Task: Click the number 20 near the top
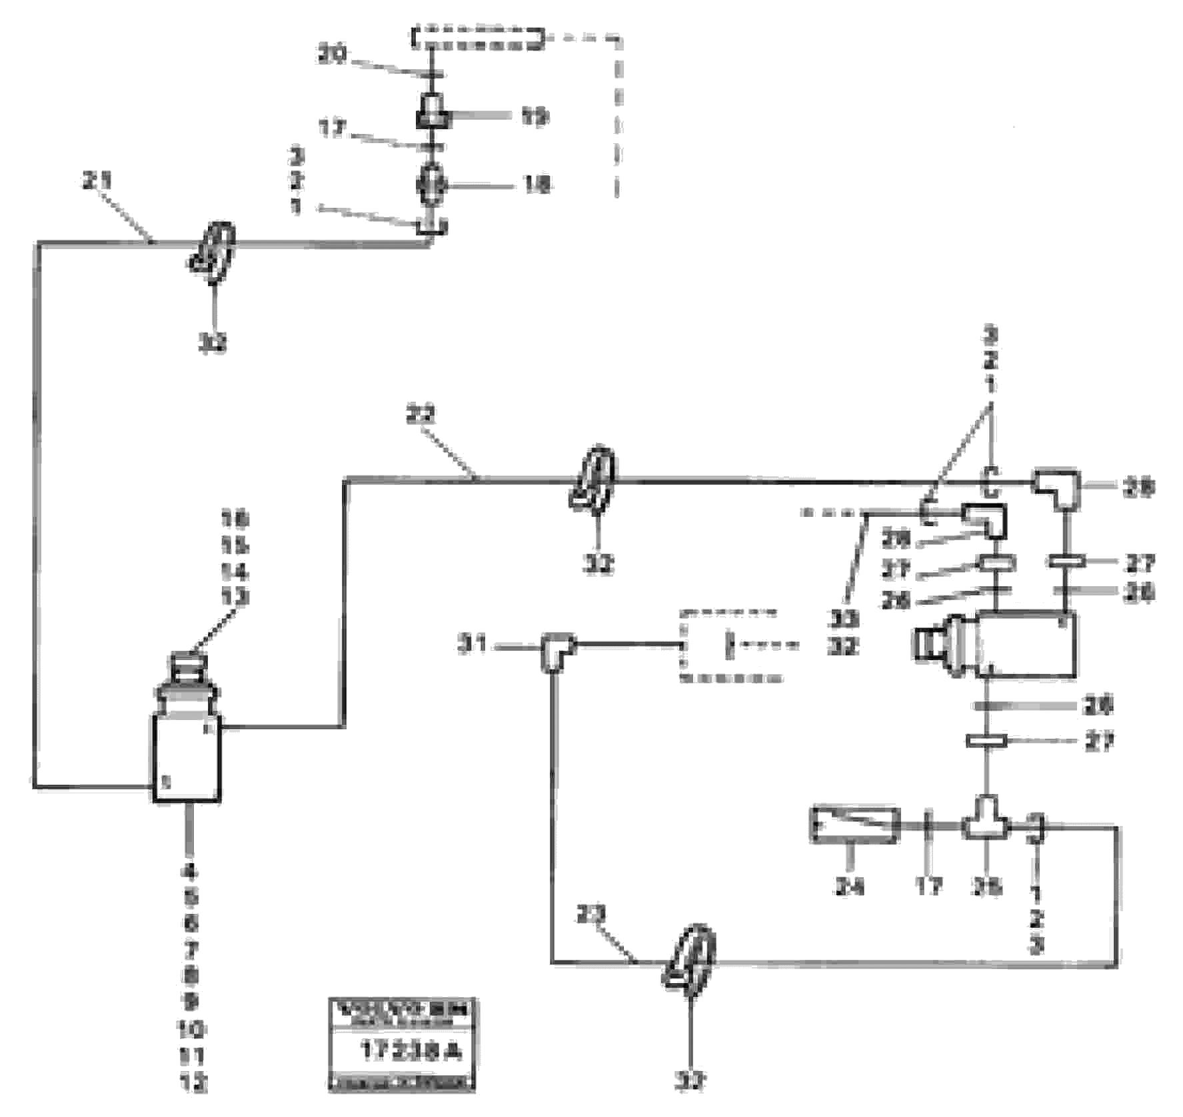tap(331, 56)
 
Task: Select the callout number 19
tap(534, 117)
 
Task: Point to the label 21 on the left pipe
tap(98, 181)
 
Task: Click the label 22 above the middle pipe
tap(421, 416)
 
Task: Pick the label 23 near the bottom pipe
tap(590, 916)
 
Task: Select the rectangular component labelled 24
tap(854, 825)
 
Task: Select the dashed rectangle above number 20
tap(478, 38)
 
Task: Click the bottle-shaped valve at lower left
tap(187, 746)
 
